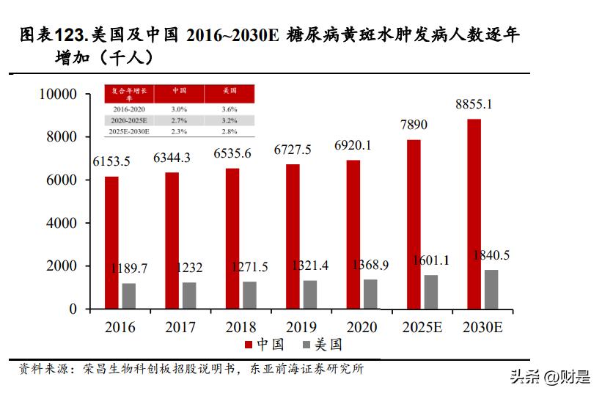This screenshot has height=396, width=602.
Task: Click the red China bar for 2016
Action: (x=111, y=243)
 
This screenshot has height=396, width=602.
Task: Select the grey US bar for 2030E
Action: (x=491, y=289)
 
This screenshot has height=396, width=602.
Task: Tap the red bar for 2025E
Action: (x=414, y=224)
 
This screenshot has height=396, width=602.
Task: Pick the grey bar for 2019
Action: (x=310, y=294)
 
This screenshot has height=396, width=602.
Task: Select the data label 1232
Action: (x=189, y=268)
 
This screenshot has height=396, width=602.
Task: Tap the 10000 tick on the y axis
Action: (x=57, y=94)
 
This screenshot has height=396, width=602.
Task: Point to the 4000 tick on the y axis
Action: (x=61, y=223)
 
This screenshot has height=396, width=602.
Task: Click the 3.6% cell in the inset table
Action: (x=230, y=108)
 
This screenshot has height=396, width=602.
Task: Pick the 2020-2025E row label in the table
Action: (x=130, y=120)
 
